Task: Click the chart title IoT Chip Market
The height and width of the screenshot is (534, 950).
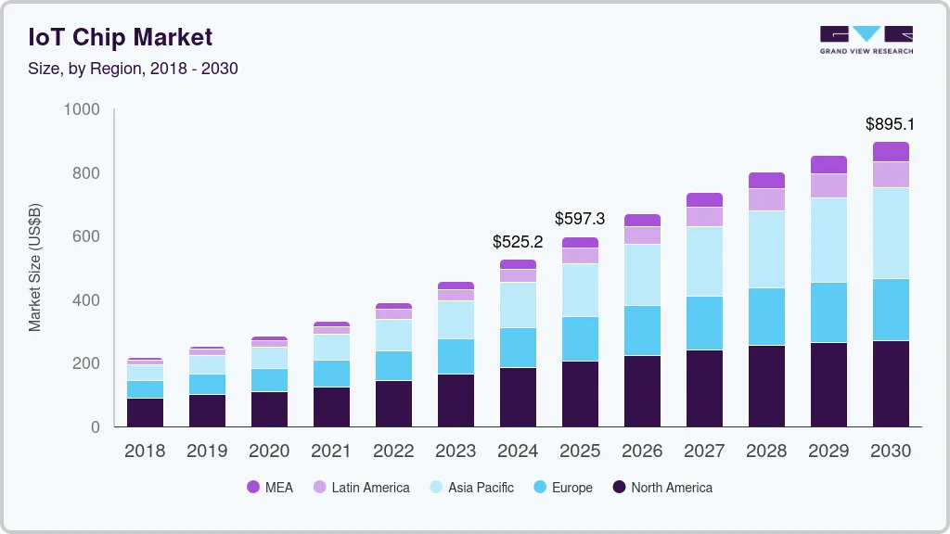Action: (x=122, y=37)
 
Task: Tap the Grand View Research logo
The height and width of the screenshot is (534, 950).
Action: (x=866, y=39)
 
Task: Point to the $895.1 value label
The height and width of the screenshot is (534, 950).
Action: (x=890, y=124)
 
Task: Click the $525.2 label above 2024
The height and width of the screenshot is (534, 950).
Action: (x=518, y=243)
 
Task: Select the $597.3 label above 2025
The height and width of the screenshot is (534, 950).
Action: (x=580, y=219)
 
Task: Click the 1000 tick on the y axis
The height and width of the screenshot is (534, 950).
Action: (x=82, y=109)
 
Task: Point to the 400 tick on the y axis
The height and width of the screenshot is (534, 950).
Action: (x=87, y=300)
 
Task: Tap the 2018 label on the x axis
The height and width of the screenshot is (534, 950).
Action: (x=145, y=451)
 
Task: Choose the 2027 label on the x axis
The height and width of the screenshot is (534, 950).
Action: (x=704, y=451)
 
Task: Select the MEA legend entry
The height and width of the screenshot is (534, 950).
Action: (x=269, y=488)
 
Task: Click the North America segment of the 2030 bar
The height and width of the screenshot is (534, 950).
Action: (x=891, y=384)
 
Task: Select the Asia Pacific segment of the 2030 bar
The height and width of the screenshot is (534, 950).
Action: (x=891, y=234)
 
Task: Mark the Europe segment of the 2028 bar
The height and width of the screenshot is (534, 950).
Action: (x=766, y=317)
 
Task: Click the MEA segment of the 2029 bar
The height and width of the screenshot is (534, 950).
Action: (x=828, y=165)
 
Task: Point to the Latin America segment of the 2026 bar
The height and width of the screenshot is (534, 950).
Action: (x=642, y=235)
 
